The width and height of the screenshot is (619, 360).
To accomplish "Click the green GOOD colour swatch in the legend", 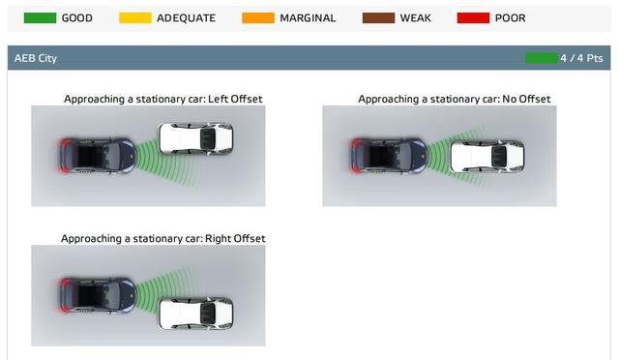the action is (x=40, y=17).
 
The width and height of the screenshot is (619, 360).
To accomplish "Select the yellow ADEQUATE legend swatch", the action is (x=135, y=17).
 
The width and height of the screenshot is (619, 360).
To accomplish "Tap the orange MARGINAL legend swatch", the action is (x=258, y=17).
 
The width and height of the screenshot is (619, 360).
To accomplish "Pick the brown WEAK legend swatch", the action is (x=378, y=17).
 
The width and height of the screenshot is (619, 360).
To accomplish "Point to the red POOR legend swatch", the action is (x=473, y=17).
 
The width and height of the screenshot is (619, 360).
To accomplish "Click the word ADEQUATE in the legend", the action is (x=186, y=18).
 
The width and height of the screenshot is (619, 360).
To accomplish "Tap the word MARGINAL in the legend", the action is (x=308, y=18).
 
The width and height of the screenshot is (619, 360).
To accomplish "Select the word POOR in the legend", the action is (x=510, y=18).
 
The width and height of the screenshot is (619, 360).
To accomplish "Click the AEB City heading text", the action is (x=36, y=58).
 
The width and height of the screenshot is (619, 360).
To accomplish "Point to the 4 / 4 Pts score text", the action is (x=581, y=58).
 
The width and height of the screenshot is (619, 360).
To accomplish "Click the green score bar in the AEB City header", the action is (x=542, y=58).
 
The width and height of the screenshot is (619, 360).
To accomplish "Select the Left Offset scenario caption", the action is (x=163, y=99).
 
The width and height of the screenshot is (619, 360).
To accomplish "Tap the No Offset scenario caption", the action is (x=454, y=99).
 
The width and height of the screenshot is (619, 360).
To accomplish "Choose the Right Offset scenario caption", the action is (x=163, y=239).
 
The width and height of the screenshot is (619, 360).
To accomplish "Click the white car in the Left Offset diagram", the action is (x=195, y=138).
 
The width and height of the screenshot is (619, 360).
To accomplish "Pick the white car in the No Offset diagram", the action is (x=487, y=156).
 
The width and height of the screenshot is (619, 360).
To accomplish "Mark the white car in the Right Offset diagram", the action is (x=195, y=314).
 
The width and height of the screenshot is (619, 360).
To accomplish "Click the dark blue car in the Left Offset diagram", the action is (x=98, y=156).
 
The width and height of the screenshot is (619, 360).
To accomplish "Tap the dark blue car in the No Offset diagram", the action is (x=389, y=156).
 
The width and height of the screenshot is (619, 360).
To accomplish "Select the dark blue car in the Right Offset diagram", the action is (x=98, y=295).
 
